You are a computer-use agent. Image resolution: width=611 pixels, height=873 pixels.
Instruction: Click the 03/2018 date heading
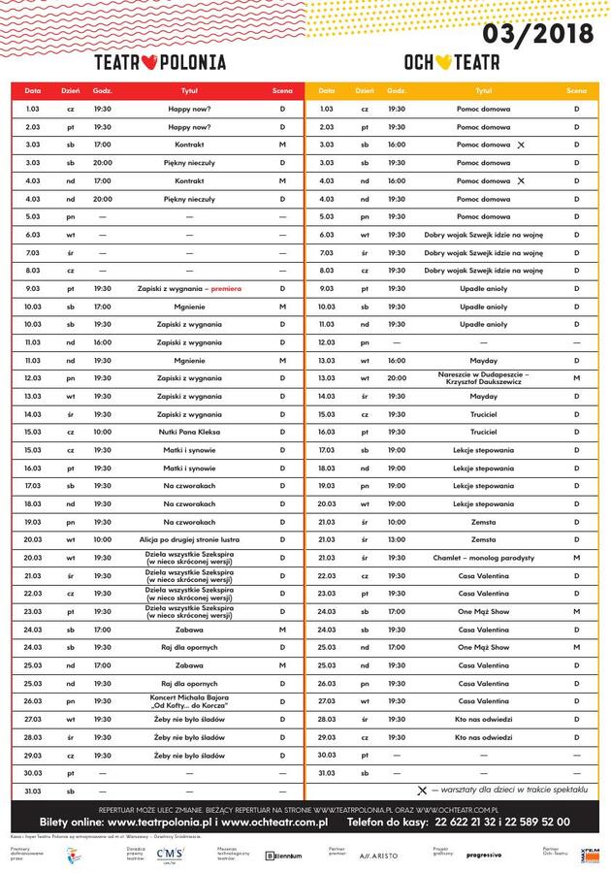point(538,36)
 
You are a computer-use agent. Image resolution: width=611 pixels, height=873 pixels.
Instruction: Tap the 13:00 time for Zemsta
point(397,538)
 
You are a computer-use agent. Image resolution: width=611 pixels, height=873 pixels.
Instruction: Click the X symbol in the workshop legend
point(422,791)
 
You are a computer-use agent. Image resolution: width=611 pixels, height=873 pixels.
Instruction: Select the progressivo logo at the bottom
point(483,855)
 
